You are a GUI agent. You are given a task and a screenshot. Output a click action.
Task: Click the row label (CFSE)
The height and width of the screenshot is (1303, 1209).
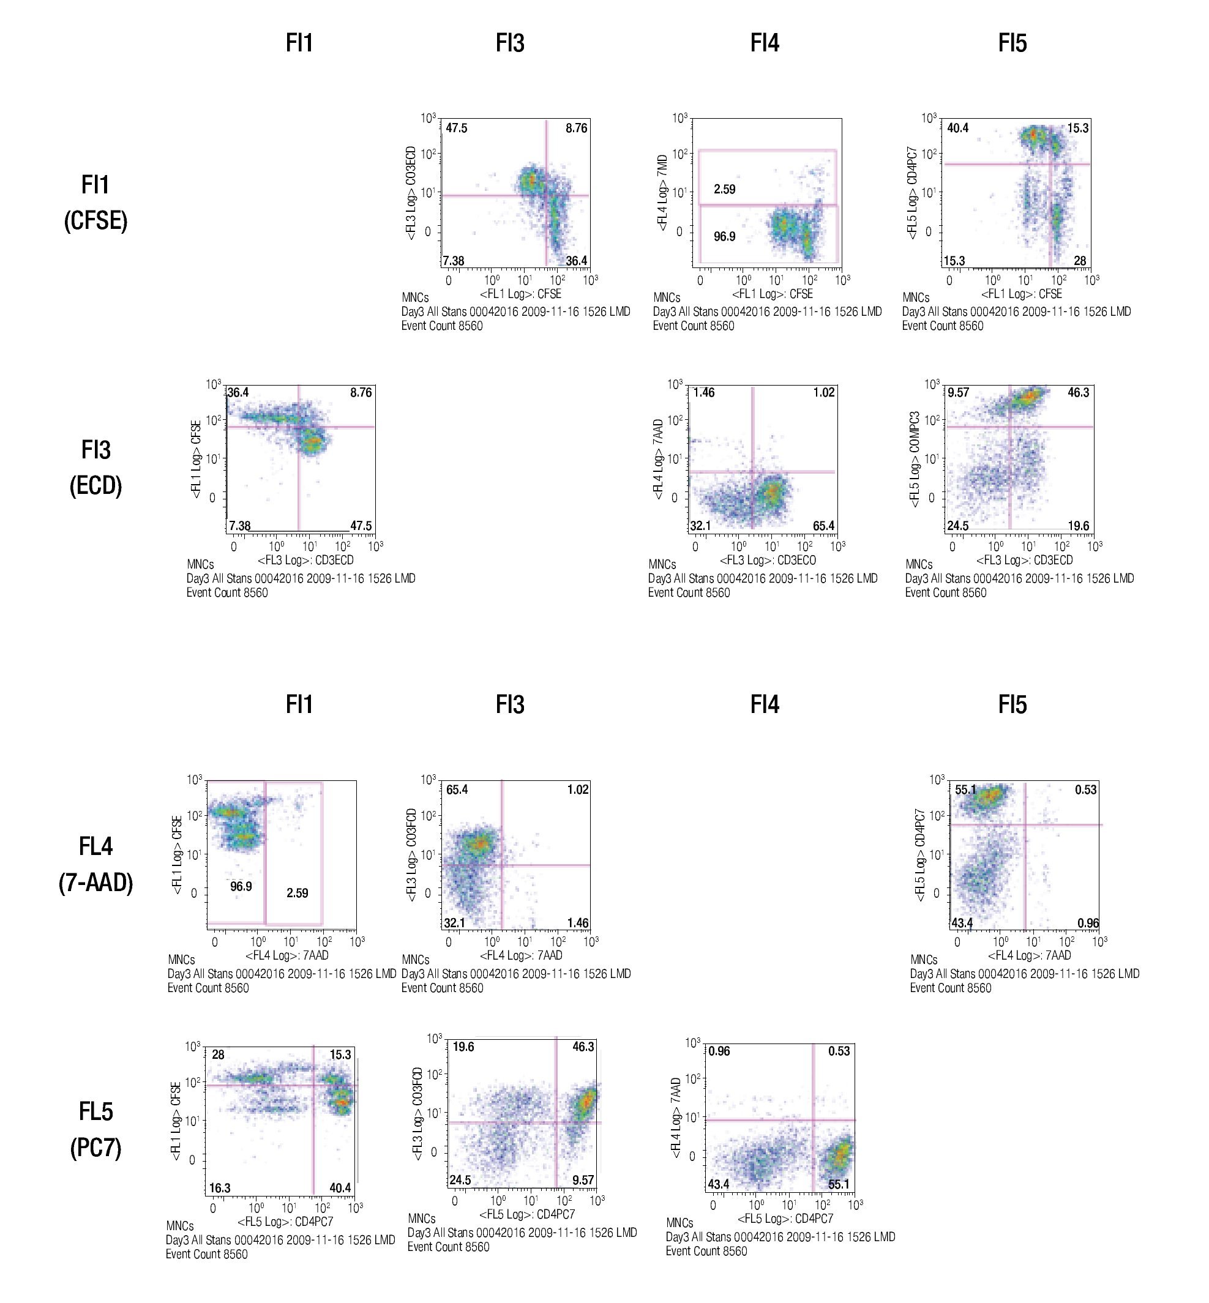click(x=95, y=221)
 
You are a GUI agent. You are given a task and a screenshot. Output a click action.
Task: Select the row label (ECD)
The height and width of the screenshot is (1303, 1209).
click(x=95, y=486)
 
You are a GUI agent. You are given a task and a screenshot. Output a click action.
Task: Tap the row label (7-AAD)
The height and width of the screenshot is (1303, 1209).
click(x=95, y=883)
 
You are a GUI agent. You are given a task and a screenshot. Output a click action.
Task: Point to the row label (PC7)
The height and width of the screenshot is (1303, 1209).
click(x=95, y=1148)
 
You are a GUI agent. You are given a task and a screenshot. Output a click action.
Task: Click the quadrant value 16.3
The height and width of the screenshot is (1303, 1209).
click(x=220, y=1188)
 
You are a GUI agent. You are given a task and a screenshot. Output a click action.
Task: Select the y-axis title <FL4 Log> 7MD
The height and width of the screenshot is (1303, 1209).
click(x=662, y=193)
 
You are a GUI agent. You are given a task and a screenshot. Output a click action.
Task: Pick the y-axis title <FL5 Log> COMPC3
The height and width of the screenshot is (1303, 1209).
click(x=915, y=459)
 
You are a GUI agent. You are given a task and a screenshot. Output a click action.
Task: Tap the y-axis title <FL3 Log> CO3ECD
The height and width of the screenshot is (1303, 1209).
click(x=411, y=193)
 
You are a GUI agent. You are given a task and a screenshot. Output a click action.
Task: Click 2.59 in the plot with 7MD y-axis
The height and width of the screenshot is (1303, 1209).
click(x=724, y=190)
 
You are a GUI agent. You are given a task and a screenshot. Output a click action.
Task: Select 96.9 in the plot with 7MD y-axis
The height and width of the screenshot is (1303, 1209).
click(x=724, y=237)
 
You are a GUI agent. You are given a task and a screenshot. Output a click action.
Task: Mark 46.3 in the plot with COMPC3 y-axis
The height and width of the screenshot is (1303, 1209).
click(x=1078, y=393)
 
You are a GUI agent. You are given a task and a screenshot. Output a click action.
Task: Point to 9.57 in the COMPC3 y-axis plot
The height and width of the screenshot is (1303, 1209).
click(x=959, y=393)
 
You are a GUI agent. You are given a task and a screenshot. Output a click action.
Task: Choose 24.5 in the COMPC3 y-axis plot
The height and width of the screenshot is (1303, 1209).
click(x=959, y=526)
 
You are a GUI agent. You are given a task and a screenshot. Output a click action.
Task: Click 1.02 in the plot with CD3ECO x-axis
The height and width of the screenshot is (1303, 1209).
click(x=824, y=393)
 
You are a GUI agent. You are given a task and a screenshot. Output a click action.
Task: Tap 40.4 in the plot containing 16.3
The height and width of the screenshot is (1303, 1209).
click(x=340, y=1188)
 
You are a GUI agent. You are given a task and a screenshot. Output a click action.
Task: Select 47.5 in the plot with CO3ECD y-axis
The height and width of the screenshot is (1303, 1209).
click(x=457, y=128)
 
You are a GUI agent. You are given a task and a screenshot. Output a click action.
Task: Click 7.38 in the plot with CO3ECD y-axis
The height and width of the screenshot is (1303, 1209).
click(x=454, y=261)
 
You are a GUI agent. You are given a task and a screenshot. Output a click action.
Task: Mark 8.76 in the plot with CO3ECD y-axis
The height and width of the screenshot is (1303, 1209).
click(x=577, y=128)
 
